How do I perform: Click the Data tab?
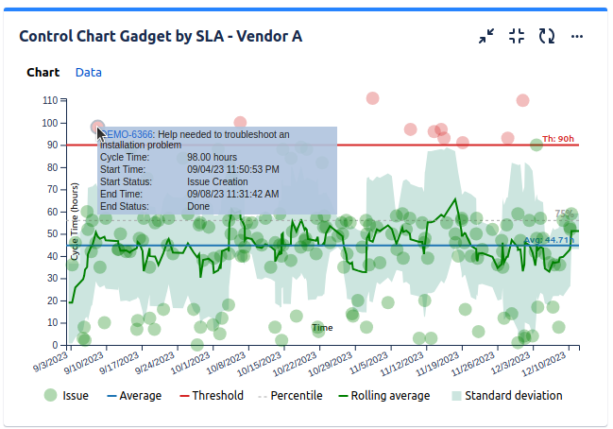click(89, 72)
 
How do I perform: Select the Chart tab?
click(43, 72)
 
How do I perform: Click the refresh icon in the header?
click(547, 36)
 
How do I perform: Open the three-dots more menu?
click(577, 36)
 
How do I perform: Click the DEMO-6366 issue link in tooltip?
click(127, 135)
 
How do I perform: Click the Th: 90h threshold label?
click(558, 139)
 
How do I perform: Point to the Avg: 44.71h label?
click(549, 240)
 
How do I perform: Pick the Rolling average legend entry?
click(390, 396)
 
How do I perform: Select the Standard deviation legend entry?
click(513, 396)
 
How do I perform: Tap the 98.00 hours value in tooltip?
click(212, 157)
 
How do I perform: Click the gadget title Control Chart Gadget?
click(161, 36)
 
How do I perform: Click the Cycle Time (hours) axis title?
click(75, 223)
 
